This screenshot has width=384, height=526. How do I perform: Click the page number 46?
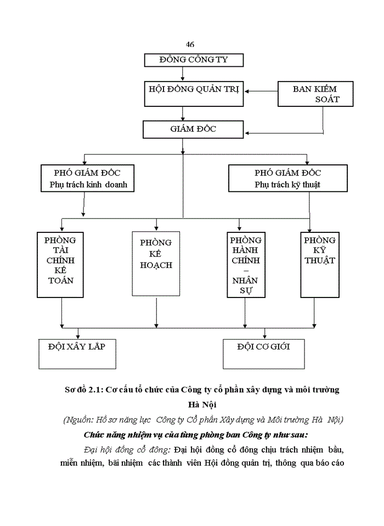[x=190, y=44]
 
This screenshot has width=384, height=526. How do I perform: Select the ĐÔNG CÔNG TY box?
[x=194, y=60]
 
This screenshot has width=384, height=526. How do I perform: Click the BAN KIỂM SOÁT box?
[x=315, y=94]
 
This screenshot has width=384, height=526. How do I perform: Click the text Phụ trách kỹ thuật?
[x=287, y=185]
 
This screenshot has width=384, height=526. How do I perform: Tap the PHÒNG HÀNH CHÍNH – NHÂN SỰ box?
[x=246, y=265]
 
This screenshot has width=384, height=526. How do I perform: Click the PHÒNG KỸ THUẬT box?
[x=319, y=265]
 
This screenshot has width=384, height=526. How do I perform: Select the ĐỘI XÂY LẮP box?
[x=77, y=353]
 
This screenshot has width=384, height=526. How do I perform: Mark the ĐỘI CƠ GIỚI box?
[x=263, y=353]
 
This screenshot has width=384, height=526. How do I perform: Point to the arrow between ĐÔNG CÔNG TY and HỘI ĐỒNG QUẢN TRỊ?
[x=182, y=74]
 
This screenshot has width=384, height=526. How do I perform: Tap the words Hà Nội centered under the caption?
[x=201, y=405]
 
